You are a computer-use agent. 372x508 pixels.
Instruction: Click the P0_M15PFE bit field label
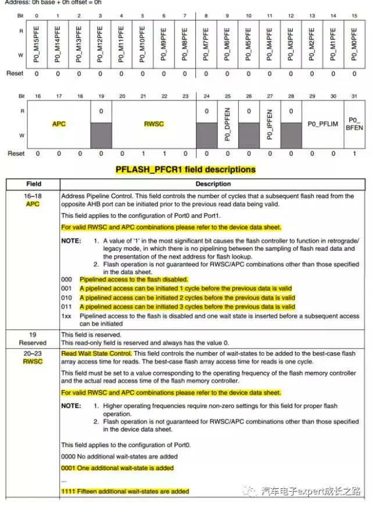[36, 44]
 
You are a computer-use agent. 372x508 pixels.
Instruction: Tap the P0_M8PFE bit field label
[184, 44]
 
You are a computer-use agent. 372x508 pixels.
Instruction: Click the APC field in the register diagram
[59, 124]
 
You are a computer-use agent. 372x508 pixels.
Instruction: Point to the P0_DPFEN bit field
[227, 124]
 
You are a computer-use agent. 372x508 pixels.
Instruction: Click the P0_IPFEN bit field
[269, 124]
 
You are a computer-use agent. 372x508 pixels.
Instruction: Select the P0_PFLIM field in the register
[322, 124]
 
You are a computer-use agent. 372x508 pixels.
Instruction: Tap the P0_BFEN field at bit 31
[353, 124]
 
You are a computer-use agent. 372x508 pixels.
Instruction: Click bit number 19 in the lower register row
[101, 96]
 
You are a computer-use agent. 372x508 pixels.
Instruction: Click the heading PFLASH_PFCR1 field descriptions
[185, 170]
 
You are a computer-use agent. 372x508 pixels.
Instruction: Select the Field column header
[33, 184]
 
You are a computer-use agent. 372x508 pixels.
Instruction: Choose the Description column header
[213, 184]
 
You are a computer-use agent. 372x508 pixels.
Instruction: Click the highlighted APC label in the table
[33, 204]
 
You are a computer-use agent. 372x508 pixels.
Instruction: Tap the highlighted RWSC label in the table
[33, 361]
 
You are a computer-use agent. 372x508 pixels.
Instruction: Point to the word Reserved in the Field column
[33, 343]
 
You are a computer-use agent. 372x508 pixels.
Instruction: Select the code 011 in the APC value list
[67, 306]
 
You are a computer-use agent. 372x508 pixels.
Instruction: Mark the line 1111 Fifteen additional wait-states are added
[125, 491]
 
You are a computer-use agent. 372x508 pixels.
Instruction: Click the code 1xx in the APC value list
[67, 315]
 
